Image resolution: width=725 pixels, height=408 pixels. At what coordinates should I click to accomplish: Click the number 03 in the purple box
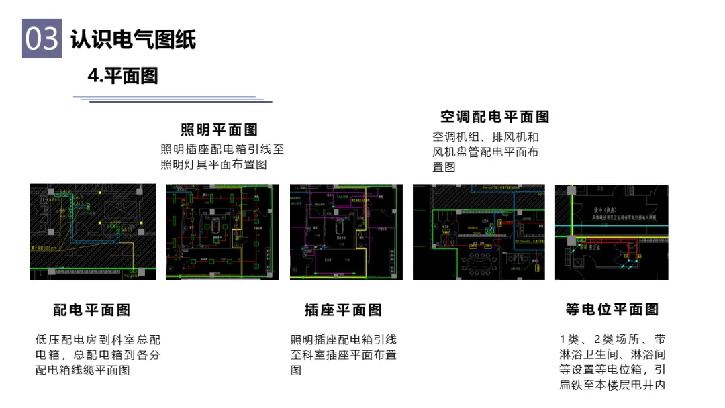[42, 39]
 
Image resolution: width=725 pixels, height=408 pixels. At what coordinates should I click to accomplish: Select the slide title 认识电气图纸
[134, 40]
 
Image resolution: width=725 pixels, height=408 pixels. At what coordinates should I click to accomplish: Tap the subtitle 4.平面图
[122, 76]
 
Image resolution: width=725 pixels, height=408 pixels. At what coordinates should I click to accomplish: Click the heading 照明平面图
[220, 130]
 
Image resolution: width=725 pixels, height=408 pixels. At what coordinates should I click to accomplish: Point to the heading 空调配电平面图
[495, 117]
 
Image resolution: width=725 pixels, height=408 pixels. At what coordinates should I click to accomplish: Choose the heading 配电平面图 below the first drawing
[92, 310]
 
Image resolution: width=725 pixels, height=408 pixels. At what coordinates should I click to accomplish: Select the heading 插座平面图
[343, 310]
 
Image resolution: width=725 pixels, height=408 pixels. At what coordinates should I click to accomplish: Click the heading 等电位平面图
[612, 309]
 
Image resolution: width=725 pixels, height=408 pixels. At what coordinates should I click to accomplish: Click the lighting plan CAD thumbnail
[222, 232]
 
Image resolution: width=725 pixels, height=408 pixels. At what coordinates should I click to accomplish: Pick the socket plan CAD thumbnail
[346, 232]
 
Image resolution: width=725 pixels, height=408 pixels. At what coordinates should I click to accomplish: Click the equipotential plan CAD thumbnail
[612, 232]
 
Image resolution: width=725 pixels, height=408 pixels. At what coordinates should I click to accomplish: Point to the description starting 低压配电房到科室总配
[98, 354]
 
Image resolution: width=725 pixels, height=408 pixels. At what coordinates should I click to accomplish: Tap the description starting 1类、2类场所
[612, 361]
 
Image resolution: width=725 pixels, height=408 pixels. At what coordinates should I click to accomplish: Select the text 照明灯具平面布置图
[213, 164]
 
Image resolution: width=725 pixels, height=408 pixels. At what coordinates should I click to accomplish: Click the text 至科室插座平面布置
[343, 354]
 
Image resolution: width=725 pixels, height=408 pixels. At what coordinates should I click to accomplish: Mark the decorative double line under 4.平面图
[173, 99]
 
